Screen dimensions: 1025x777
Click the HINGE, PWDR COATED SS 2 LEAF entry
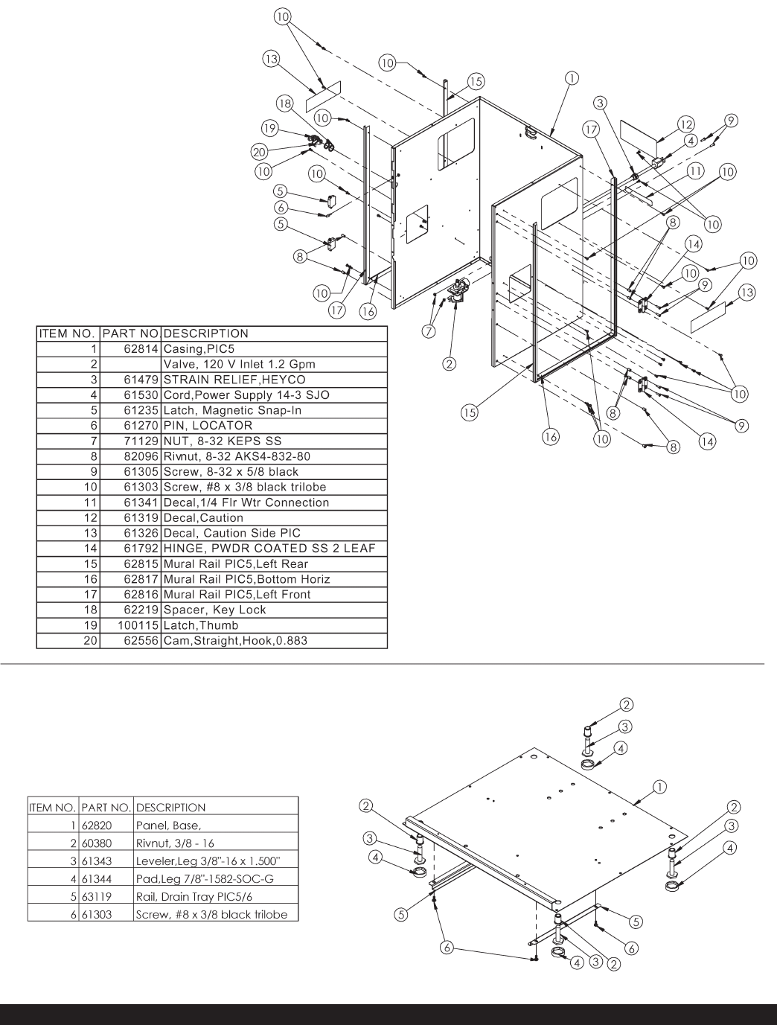pyautogui.click(x=269, y=549)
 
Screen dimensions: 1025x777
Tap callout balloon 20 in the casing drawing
pyautogui.click(x=258, y=152)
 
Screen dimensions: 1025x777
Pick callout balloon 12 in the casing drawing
pyautogui.click(x=685, y=124)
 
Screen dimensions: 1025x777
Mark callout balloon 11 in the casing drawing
pyautogui.click(x=694, y=170)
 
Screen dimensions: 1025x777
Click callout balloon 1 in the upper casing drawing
pyautogui.click(x=572, y=77)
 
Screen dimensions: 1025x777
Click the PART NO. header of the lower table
pyautogui.click(x=107, y=807)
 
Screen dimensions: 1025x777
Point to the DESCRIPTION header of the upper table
pyautogui.click(x=206, y=333)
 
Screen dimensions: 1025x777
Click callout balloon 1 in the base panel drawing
pyautogui.click(x=659, y=785)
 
